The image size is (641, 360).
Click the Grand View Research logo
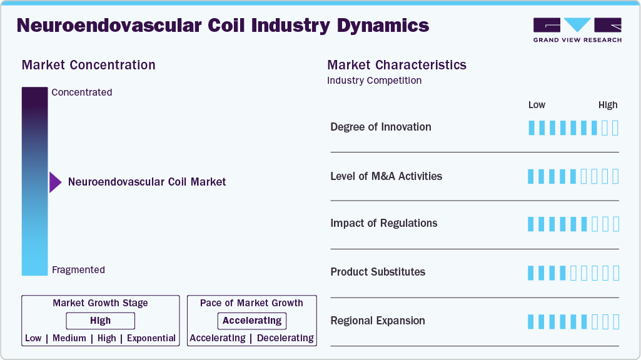click(577, 29)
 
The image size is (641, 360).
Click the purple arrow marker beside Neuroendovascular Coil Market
click(55, 182)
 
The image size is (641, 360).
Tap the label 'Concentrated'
click(82, 92)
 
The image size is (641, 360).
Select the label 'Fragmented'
click(78, 270)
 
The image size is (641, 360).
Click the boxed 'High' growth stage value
click(100, 321)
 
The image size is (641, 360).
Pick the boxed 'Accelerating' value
click(252, 321)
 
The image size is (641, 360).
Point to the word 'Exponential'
click(151, 338)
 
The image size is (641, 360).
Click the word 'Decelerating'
click(285, 338)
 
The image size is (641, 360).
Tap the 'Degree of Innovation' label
click(381, 127)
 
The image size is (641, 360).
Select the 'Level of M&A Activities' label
click(386, 176)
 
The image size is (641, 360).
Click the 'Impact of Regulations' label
click(383, 223)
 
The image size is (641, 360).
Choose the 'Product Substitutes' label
click(378, 272)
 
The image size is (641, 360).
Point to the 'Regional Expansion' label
click(378, 321)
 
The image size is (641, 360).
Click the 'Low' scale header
click(537, 105)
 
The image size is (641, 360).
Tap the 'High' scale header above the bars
click(607, 105)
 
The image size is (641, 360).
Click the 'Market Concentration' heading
click(88, 65)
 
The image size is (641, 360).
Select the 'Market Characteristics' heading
click(396, 65)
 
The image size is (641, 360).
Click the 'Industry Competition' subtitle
click(374, 81)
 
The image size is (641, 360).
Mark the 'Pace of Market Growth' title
click(251, 303)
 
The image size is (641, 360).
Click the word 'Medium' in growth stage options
click(69, 338)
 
